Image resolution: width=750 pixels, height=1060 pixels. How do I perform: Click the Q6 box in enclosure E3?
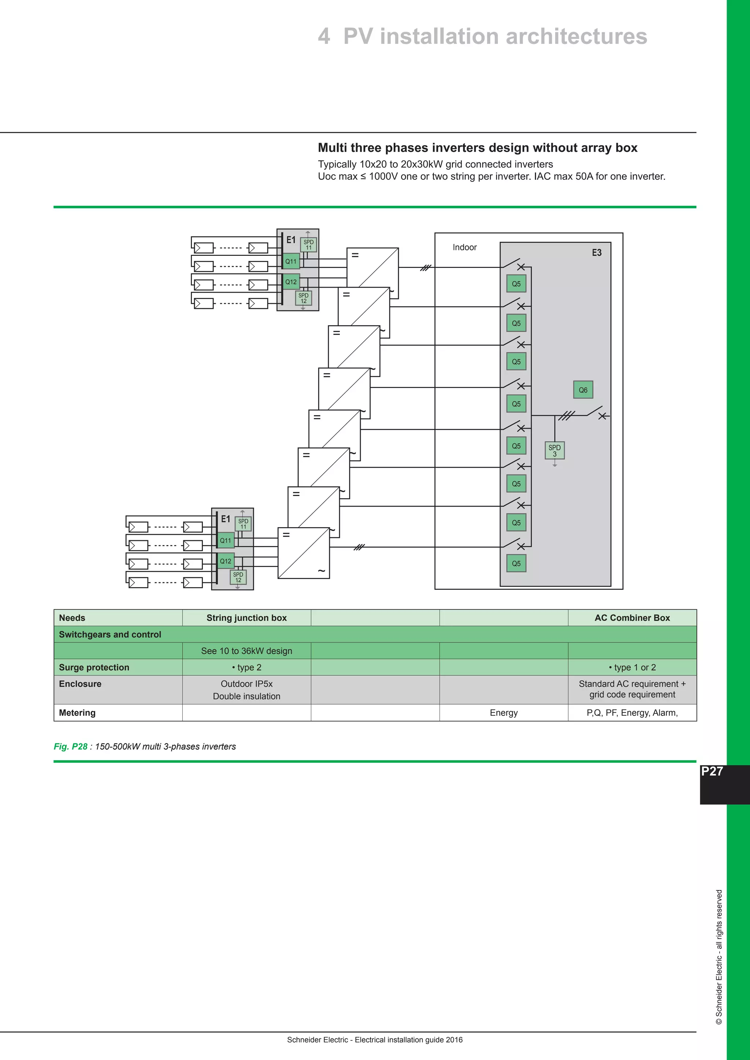(583, 390)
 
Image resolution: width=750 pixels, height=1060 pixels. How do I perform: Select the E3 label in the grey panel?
(597, 253)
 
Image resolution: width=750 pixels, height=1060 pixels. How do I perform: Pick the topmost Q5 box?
(516, 284)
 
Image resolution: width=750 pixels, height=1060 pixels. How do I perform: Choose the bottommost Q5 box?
(516, 563)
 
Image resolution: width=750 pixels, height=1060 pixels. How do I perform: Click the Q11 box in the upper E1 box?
(291, 261)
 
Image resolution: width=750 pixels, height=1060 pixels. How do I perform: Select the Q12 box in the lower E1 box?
(225, 561)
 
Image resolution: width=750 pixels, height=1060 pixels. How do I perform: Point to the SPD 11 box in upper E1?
(308, 245)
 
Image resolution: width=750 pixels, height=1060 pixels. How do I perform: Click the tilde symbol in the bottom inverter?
(322, 571)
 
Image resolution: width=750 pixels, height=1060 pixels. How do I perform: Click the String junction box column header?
(246, 618)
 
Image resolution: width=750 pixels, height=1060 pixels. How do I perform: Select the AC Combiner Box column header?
(632, 618)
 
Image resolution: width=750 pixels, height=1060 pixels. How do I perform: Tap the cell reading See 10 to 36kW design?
(246, 651)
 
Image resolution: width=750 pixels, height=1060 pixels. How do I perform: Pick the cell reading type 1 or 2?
(632, 668)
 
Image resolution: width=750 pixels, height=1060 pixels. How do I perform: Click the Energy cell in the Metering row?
(504, 713)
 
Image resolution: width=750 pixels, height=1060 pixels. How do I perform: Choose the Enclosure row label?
(80, 684)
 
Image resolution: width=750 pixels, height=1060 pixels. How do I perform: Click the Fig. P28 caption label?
(70, 747)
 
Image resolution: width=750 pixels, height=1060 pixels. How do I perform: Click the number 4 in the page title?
(324, 37)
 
